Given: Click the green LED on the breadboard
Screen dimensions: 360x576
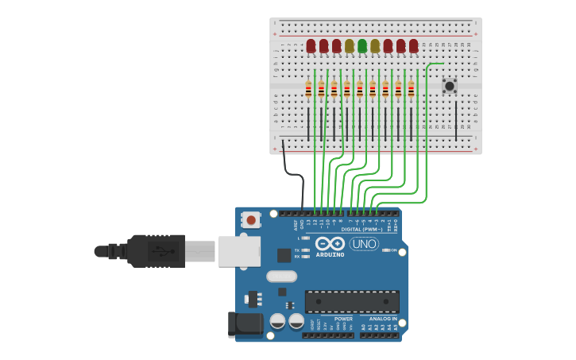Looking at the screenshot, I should (362, 46).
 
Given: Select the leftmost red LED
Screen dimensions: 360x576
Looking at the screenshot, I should (311, 46).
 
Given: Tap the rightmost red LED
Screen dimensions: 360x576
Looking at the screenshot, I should (413, 46).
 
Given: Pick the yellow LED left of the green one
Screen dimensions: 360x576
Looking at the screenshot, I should (350, 46).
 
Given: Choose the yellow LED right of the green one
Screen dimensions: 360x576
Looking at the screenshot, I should (375, 46).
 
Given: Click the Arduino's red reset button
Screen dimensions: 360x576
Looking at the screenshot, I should (251, 219).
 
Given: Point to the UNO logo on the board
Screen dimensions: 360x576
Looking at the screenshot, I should (364, 244).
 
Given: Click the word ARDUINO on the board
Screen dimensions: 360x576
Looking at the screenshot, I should (330, 255).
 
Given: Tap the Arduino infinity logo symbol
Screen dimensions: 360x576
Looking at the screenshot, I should (330, 244).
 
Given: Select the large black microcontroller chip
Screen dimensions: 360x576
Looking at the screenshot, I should (352, 302).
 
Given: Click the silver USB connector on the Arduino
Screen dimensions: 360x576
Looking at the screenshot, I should (238, 250).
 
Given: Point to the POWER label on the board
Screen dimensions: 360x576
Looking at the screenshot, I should (343, 319).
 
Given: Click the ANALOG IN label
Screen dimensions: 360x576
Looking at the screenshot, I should (383, 319).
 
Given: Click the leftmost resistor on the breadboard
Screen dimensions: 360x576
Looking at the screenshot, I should (308, 90).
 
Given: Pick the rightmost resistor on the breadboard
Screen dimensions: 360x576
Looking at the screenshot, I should (411, 90).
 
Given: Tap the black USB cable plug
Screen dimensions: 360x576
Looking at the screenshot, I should (156, 250).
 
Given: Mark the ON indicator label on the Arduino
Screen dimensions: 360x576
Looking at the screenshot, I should (392, 250).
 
